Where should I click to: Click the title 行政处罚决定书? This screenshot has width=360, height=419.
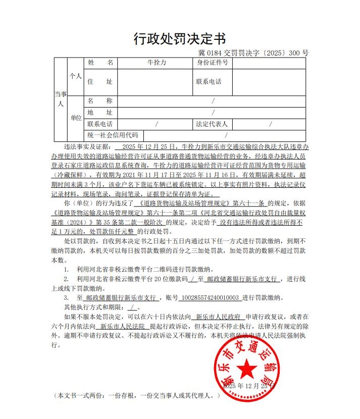tap(180, 38)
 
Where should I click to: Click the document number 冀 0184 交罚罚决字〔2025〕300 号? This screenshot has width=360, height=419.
tap(253, 53)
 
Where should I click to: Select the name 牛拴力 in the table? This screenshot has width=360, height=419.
tap(156, 63)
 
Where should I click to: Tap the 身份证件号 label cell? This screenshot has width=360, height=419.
tap(212, 63)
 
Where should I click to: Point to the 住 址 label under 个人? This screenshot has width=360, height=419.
tap(100, 82)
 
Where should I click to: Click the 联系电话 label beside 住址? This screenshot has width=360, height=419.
tap(209, 82)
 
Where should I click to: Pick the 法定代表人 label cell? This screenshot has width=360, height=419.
tap(212, 124)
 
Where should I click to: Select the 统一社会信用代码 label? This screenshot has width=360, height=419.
tap(113, 135)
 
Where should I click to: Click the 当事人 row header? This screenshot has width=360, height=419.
tap(60, 99)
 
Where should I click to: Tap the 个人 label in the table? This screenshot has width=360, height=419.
tap(76, 76)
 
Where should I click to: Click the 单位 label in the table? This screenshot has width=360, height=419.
tap(76, 118)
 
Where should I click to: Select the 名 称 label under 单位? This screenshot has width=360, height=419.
tap(100, 101)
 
